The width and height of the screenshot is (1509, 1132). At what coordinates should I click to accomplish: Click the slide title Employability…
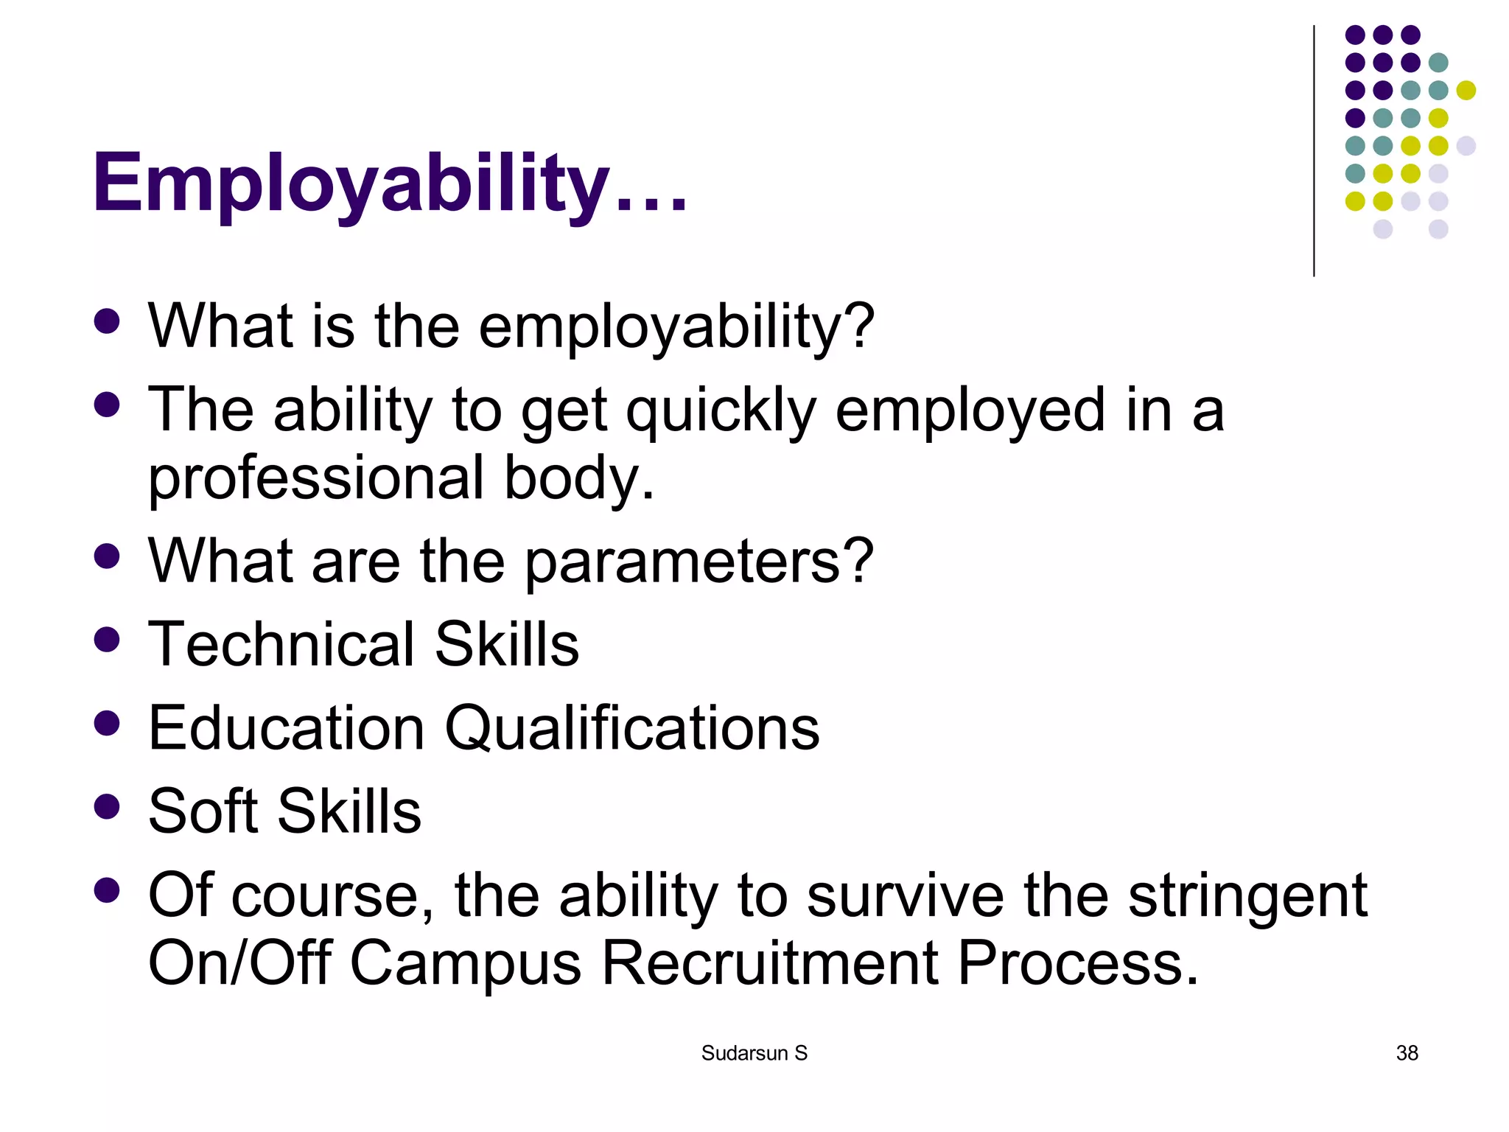[x=391, y=183]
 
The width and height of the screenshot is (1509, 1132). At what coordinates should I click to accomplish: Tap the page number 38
[x=1407, y=1053]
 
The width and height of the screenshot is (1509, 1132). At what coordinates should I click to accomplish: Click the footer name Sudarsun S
[x=754, y=1053]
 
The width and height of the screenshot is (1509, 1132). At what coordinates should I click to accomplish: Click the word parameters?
[x=699, y=562]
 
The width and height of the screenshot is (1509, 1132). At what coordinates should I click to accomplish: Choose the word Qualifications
[x=631, y=728]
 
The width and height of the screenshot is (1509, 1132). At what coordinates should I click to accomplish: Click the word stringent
[x=1247, y=896]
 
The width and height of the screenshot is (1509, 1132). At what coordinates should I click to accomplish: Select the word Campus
[x=465, y=963]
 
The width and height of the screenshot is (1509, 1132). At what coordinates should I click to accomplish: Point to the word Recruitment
[x=770, y=963]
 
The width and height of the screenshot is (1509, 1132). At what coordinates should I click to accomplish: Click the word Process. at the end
[x=1078, y=963]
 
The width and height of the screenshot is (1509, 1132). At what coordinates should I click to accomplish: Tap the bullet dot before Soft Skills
[x=108, y=806]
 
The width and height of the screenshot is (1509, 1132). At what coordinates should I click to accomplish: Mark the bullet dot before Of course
[x=108, y=890]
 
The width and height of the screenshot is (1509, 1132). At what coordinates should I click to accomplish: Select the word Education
[x=287, y=728]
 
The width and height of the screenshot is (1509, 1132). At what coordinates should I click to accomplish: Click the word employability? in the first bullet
[x=676, y=327]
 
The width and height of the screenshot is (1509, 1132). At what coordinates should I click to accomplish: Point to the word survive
[x=906, y=896]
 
